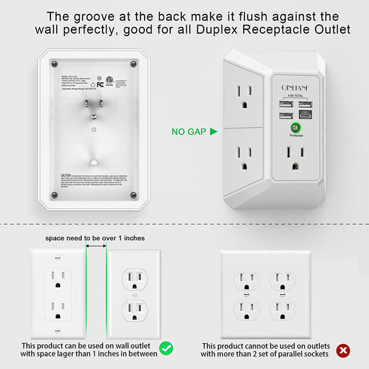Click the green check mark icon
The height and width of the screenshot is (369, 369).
(166, 348)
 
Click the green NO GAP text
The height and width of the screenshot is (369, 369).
(189, 130)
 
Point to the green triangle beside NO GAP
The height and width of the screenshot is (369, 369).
(213, 130)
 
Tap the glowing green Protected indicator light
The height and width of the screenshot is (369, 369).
(295, 127)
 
